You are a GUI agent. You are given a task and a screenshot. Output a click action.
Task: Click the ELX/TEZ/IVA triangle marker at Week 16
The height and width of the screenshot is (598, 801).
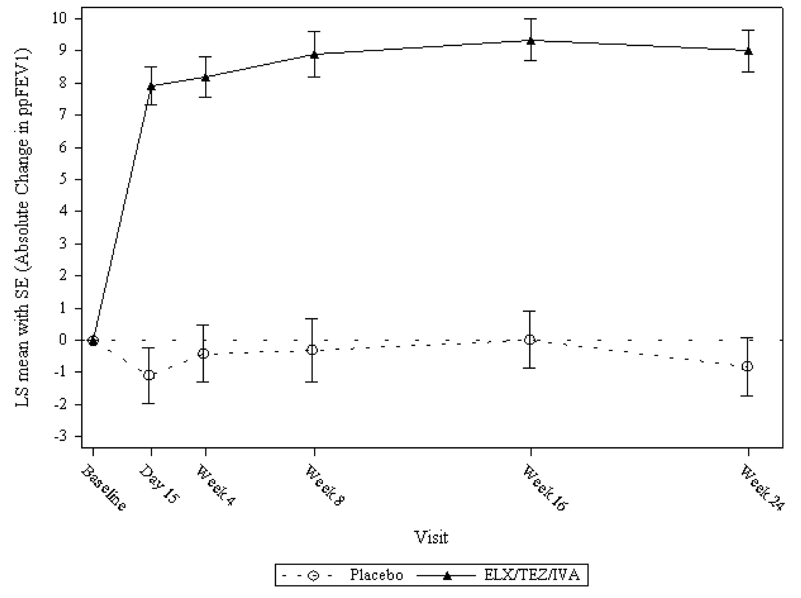tap(530, 41)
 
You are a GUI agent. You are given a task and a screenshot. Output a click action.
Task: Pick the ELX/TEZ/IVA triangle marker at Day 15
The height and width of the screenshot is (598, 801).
tap(151, 87)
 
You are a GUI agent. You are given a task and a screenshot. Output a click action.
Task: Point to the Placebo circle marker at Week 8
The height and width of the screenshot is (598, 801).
tap(312, 350)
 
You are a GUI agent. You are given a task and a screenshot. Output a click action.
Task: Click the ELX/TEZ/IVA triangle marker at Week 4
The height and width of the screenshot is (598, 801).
tap(206, 77)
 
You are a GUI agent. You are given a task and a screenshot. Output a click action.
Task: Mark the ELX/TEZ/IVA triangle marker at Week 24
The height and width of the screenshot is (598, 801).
tap(748, 51)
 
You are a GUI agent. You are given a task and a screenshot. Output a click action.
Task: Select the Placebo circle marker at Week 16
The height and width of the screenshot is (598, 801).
tap(530, 340)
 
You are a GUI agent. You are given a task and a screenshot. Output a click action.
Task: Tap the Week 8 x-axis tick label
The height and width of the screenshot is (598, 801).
tap(325, 484)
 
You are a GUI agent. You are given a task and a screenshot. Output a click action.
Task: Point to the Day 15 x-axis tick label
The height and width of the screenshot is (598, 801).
tap(160, 484)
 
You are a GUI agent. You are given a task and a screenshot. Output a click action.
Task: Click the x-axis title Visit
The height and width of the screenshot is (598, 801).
tap(431, 537)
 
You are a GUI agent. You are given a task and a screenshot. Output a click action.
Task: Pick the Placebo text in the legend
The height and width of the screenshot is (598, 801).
tap(376, 575)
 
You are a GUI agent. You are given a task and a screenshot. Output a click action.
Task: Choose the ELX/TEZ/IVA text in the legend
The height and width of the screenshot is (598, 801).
tap(531, 575)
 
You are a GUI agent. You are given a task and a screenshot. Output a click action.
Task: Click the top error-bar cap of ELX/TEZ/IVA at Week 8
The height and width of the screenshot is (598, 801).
tap(314, 31)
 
